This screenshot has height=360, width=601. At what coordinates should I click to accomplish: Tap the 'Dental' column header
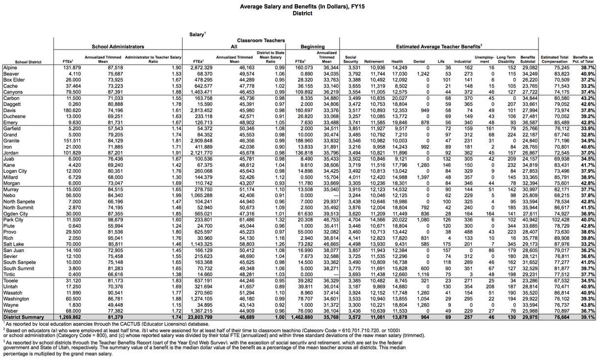click(419, 62)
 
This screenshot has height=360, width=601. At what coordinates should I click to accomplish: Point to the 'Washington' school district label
click(17, 298)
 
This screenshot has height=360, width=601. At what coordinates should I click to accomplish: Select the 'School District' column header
click(28, 62)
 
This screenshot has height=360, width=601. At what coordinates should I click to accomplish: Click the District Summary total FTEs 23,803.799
click(200, 317)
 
